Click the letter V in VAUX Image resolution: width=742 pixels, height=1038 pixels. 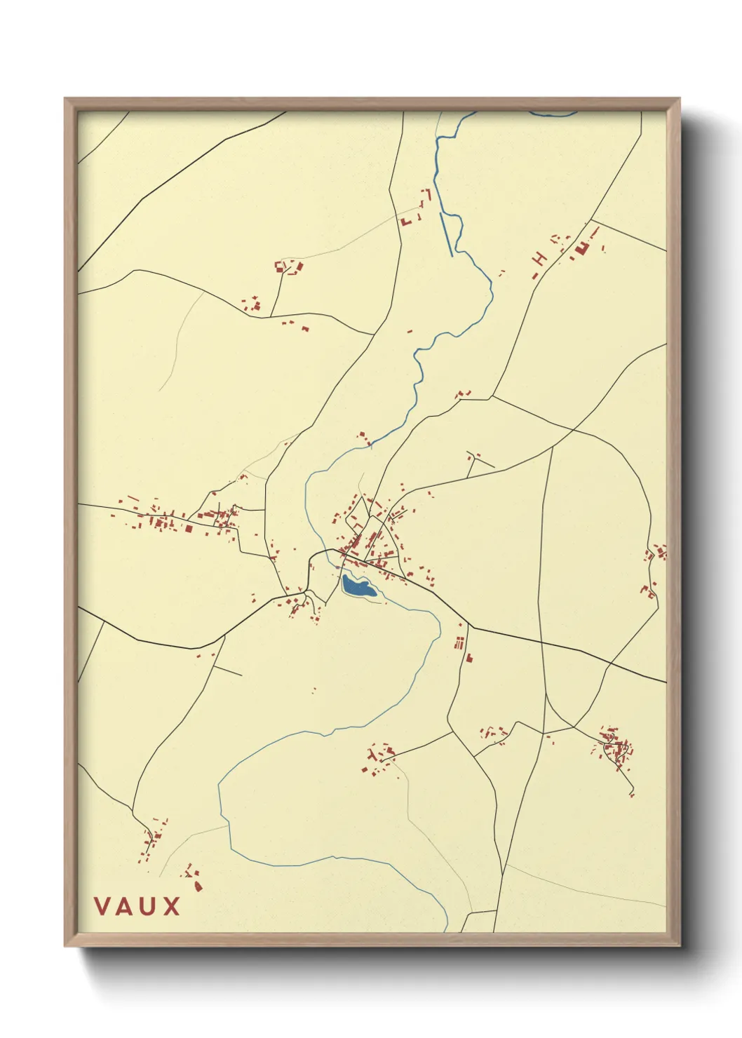click(x=102, y=906)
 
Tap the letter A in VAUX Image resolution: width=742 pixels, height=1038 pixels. click(x=125, y=906)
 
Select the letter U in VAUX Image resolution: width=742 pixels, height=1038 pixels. click(x=148, y=906)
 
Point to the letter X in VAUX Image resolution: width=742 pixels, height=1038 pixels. click(x=171, y=906)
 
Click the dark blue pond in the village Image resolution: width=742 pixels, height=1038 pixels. click(x=358, y=586)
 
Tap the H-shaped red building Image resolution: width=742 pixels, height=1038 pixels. click(x=539, y=259)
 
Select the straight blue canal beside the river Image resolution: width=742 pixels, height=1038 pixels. click(x=446, y=234)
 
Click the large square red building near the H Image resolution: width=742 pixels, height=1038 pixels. click(x=581, y=248)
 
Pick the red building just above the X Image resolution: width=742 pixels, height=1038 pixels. click(x=198, y=886)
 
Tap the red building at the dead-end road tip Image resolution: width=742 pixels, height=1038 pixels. click(x=632, y=794)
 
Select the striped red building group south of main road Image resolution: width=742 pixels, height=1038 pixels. click(x=459, y=642)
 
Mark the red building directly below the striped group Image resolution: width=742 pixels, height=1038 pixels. click(x=468, y=658)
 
